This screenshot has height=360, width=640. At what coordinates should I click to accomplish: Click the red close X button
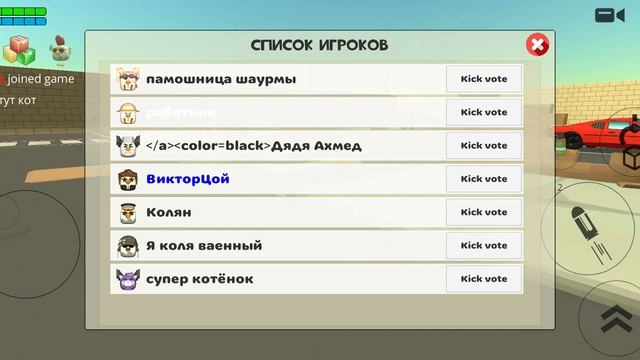[537, 45]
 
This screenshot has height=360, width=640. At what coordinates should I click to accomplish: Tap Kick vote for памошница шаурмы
[484, 79]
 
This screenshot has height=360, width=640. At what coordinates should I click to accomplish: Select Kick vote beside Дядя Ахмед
[484, 146]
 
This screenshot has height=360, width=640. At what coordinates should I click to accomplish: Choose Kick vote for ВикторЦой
[484, 179]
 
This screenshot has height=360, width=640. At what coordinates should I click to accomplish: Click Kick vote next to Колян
[484, 212]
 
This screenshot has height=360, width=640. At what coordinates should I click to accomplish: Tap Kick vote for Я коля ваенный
[484, 245]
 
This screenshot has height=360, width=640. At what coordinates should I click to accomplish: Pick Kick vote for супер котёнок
[484, 279]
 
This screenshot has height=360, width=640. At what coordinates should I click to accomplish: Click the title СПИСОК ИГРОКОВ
[319, 46]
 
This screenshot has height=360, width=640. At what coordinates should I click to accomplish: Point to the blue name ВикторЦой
[188, 179]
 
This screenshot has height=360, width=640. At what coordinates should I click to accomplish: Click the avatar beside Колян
[128, 213]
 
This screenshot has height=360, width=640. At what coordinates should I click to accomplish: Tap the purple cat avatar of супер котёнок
[128, 279]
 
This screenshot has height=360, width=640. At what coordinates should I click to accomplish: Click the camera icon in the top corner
[609, 15]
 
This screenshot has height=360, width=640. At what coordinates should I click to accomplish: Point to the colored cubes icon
[21, 47]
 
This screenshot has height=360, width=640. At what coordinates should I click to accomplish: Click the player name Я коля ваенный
[204, 245]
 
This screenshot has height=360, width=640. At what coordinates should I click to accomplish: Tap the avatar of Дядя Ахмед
[128, 146]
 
